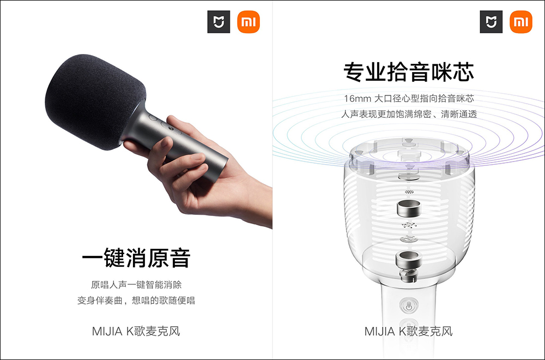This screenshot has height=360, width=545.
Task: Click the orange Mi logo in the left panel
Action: click(248, 22)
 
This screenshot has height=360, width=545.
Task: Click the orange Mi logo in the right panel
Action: click(520, 22)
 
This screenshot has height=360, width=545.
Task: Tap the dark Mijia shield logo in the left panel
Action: click(219, 22)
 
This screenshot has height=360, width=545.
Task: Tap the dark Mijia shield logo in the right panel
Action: click(491, 22)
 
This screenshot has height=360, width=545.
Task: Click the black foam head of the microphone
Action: click(94, 101)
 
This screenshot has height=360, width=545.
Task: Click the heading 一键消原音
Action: click(136, 258)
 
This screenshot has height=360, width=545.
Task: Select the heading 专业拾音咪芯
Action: click(409, 72)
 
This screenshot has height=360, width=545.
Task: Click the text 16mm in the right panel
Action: click(358, 99)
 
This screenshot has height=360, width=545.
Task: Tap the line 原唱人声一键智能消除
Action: click(136, 285)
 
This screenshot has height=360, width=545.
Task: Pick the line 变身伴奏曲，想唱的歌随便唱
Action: click(136, 300)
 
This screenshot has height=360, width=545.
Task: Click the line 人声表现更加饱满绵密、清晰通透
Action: click(409, 114)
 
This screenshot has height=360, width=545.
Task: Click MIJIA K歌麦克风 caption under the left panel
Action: click(136, 331)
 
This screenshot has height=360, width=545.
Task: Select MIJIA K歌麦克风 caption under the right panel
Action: click(409, 331)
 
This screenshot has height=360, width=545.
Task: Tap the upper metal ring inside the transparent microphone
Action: click(409, 208)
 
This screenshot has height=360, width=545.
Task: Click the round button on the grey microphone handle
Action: click(154, 118)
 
